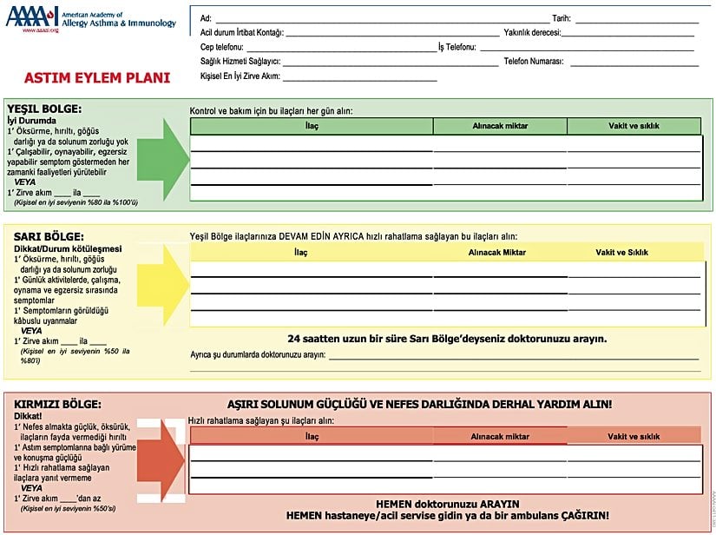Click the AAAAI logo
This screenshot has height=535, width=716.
32,17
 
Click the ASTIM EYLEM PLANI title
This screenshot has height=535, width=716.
97,77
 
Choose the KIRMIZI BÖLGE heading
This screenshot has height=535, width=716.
58,404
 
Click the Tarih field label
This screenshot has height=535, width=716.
562,18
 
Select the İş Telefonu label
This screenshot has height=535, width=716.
457,47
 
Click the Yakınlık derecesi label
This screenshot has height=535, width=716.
532,32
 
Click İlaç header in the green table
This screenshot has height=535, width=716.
312,126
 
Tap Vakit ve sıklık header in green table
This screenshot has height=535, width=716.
634,126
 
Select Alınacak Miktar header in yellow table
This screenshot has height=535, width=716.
497,252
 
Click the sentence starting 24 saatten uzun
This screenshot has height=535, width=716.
447,339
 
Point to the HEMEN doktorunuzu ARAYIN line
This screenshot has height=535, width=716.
448,504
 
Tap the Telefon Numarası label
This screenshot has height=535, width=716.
534,62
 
